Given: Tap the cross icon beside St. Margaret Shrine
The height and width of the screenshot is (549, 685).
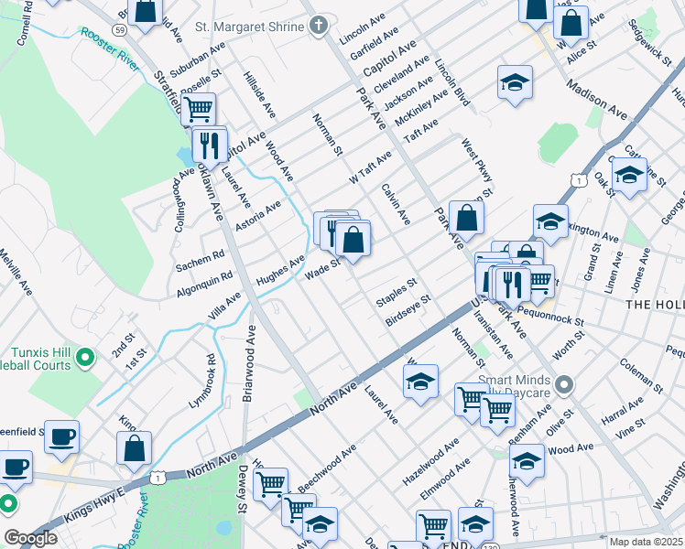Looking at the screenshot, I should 318,27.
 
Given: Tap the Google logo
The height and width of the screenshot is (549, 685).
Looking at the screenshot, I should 30,538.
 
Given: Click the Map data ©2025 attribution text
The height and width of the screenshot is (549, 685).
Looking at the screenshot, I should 646,542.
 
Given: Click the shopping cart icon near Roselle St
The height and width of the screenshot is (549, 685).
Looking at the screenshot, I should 198,111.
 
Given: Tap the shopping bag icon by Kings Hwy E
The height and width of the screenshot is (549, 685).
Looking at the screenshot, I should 134,449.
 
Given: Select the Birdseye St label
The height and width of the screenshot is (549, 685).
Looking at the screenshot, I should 408,310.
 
